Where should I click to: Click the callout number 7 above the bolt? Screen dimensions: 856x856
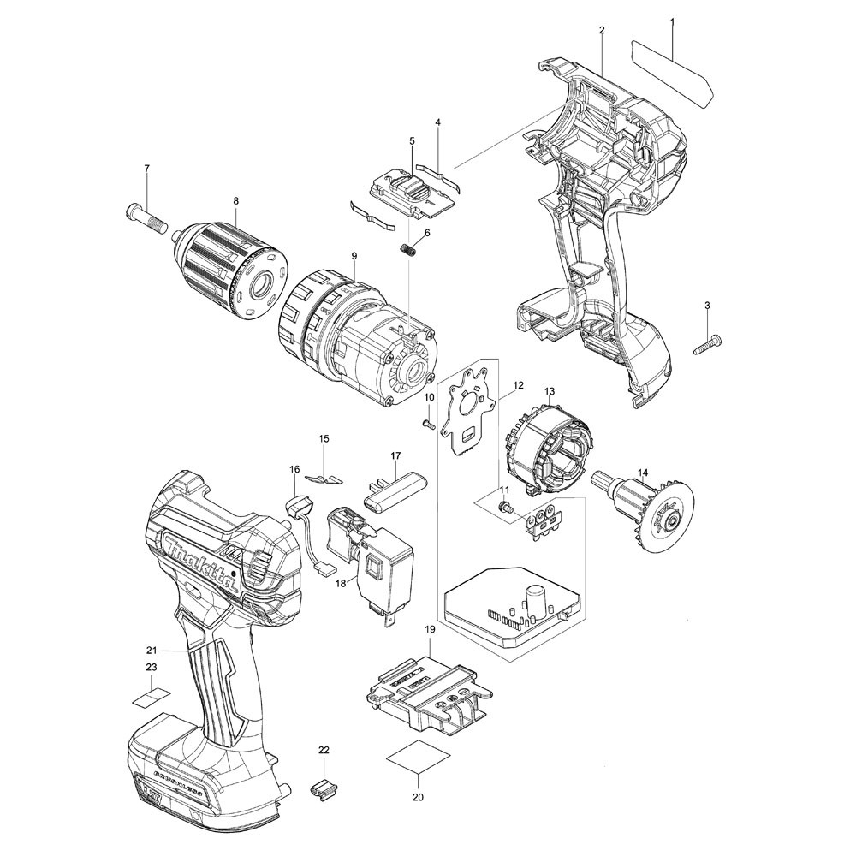pyautogui.click(x=146, y=169)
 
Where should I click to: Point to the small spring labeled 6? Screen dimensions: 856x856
pyautogui.click(x=409, y=250)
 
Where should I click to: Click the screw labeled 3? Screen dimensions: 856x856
pyautogui.click(x=708, y=343)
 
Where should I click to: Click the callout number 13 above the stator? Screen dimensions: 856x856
pyautogui.click(x=549, y=391)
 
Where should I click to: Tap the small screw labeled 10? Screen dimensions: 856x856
pyautogui.click(x=429, y=421)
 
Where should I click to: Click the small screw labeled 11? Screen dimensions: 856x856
pyautogui.click(x=504, y=508)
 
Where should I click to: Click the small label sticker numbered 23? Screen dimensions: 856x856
pyautogui.click(x=151, y=694)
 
